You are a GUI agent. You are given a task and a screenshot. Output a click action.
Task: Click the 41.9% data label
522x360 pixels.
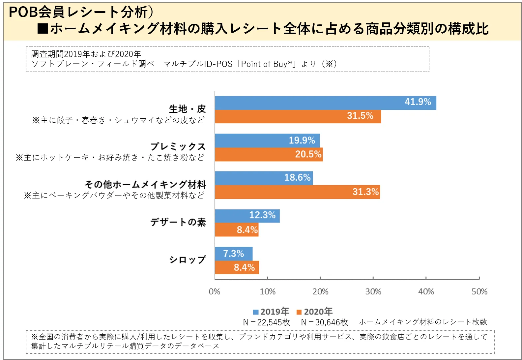(418, 102)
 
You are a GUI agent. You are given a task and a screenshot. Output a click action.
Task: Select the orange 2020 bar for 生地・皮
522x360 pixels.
(298, 117)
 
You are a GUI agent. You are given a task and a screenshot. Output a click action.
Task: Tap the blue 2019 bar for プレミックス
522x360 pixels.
(267, 140)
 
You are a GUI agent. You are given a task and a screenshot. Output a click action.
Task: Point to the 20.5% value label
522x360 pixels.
(308, 154)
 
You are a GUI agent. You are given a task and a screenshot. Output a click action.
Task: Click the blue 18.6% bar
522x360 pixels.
(264, 178)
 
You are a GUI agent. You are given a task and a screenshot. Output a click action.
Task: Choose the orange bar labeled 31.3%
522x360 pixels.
(297, 192)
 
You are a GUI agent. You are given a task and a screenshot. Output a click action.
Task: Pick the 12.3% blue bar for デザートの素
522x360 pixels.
(247, 216)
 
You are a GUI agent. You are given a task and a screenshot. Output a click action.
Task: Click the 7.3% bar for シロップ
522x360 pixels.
(234, 254)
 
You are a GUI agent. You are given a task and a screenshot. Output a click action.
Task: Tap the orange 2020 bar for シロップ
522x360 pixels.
(237, 267)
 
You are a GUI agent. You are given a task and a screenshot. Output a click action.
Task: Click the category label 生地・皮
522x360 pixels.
(187, 109)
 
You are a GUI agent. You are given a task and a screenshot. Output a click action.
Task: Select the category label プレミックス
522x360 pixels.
(178, 146)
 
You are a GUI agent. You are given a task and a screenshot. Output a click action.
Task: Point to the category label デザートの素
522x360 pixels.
(178, 222)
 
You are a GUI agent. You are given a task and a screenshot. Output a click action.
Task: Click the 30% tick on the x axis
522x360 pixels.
(373, 291)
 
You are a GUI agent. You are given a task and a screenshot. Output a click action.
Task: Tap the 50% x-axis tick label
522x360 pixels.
(479, 291)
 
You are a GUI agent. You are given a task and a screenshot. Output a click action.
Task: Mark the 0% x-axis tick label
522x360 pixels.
(215, 291)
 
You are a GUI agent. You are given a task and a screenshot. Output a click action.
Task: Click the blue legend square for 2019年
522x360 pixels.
(256, 312)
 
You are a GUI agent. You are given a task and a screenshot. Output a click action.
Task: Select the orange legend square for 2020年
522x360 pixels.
(299, 312)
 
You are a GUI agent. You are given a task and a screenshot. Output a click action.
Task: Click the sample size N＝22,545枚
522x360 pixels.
(266, 322)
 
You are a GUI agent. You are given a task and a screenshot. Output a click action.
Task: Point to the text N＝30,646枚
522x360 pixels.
(324, 322)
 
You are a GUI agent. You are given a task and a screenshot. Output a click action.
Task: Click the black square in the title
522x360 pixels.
(43, 29)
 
